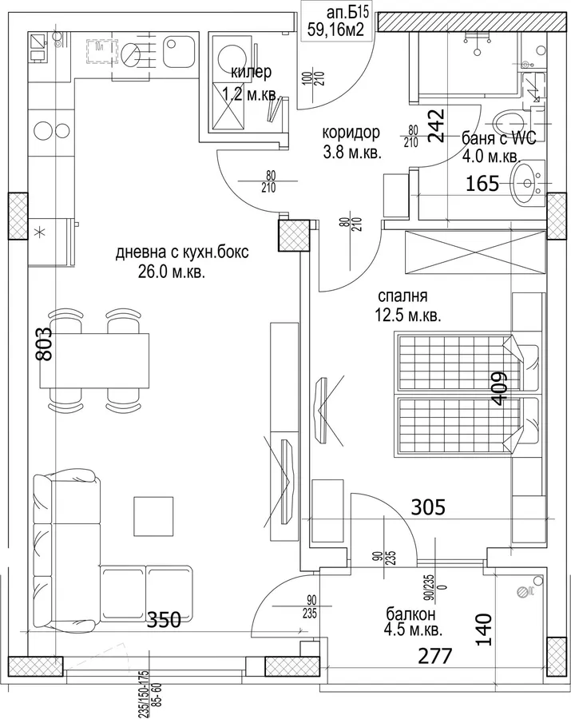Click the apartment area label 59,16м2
click(337, 30)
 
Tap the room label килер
click(251, 72)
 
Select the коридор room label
click(351, 133)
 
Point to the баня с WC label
click(498, 137)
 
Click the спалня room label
click(402, 296)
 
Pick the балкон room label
click(410, 614)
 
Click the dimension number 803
click(46, 344)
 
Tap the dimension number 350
click(164, 620)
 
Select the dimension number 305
click(428, 507)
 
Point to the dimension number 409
click(499, 388)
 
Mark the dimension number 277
click(435, 656)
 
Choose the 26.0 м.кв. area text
click(172, 273)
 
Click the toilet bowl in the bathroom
click(509, 122)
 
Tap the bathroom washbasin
click(529, 184)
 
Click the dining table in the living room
click(95, 361)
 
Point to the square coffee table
click(154, 516)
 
